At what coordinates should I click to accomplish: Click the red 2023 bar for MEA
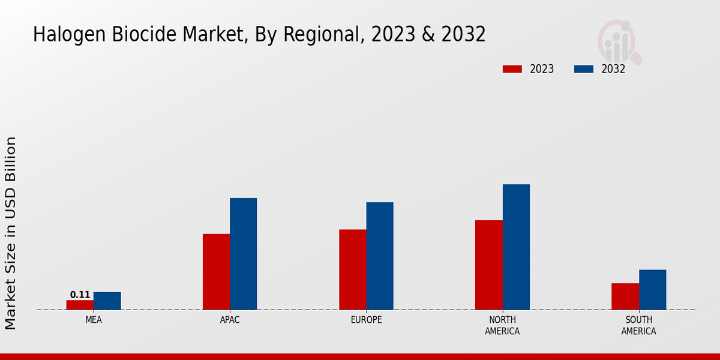pyautogui.click(x=80, y=305)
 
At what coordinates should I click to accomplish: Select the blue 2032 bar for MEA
pyautogui.click(x=107, y=301)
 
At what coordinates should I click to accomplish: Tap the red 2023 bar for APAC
pyautogui.click(x=216, y=271)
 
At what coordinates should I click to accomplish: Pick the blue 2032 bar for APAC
pyautogui.click(x=243, y=253)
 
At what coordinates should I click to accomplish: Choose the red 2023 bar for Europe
pyautogui.click(x=352, y=269)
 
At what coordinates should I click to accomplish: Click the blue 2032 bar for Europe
pyautogui.click(x=380, y=256)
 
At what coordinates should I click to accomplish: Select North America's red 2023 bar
pyautogui.click(x=488, y=265)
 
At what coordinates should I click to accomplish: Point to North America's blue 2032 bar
pyautogui.click(x=516, y=247)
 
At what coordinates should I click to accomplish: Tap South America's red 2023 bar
pyautogui.click(x=625, y=296)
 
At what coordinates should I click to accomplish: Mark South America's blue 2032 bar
pyautogui.click(x=652, y=289)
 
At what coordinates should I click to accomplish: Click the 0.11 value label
pyautogui.click(x=80, y=295)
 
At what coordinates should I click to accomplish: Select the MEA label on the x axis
pyautogui.click(x=94, y=320)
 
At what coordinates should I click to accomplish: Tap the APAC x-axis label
pyautogui.click(x=230, y=320)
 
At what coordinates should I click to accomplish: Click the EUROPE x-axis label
pyautogui.click(x=366, y=320)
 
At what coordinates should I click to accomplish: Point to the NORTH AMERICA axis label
pyautogui.click(x=502, y=325)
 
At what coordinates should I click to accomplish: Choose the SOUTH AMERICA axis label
pyautogui.click(x=638, y=325)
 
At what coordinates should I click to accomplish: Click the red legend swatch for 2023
pyautogui.click(x=512, y=69)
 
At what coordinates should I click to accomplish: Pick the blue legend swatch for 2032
pyautogui.click(x=584, y=69)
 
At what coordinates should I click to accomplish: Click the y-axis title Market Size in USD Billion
pyautogui.click(x=11, y=233)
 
